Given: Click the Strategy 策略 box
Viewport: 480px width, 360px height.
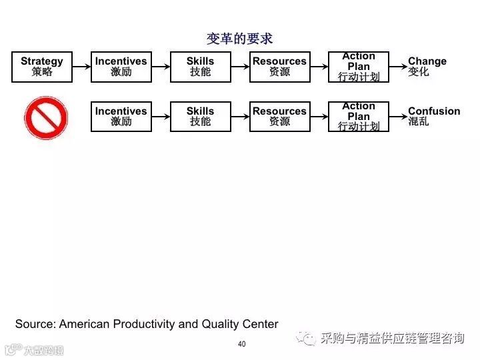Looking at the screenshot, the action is [41, 67].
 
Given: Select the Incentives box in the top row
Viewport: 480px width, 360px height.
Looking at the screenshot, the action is [121, 67].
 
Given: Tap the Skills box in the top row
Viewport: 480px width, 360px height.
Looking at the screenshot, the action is [200, 67].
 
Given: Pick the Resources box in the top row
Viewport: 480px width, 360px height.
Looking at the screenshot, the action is [279, 67].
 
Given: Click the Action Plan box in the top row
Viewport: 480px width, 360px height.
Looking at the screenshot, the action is [359, 67].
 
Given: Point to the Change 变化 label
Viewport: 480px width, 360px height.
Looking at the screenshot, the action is [427, 67].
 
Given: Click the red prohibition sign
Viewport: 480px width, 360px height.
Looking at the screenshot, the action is [47, 118].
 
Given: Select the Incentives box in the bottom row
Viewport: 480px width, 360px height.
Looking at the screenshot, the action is [121, 117].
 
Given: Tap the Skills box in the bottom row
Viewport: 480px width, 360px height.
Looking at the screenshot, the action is [200, 117].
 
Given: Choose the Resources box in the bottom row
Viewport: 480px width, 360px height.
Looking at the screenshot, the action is [279, 117].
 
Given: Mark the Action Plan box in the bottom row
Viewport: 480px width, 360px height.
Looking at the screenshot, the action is [359, 117].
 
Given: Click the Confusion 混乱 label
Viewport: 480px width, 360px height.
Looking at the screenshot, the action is [433, 117].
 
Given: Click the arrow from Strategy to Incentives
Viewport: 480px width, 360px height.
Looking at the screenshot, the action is [81, 67].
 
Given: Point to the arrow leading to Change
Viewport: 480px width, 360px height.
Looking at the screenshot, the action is [397, 67].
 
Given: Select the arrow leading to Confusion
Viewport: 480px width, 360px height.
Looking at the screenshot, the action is [397, 117].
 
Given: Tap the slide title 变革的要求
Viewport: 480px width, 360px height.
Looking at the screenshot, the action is [239, 39].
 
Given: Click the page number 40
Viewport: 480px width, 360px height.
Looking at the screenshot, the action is [241, 344].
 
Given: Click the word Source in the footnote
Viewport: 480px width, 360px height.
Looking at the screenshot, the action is [35, 325].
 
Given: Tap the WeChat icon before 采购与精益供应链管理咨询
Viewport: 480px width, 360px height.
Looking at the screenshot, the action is [307, 339].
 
